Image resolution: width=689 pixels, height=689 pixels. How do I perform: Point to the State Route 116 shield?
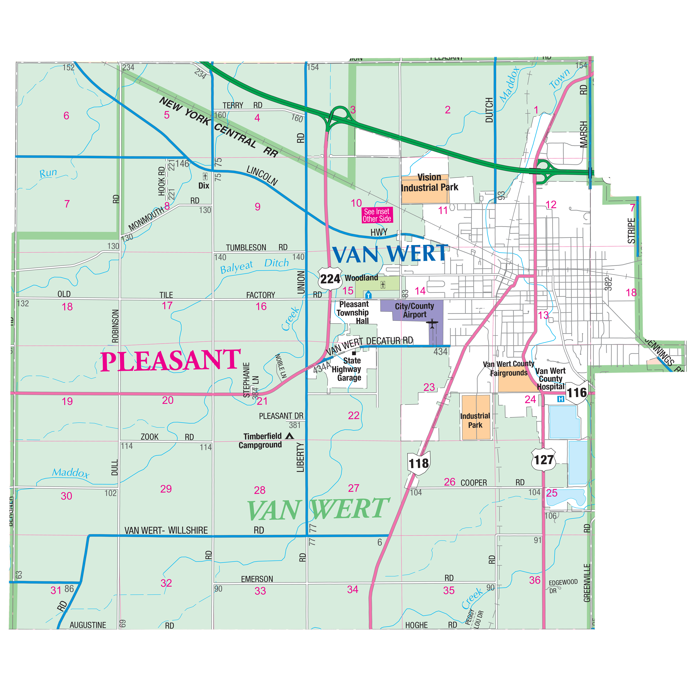(x=576, y=393)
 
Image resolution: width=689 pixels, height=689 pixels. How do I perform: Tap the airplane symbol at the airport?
(x=432, y=324)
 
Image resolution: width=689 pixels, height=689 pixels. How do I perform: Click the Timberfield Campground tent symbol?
(x=290, y=436)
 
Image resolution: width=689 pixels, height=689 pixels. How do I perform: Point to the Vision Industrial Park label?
(x=429, y=183)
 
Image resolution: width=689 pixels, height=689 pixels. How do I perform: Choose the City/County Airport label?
(x=414, y=310)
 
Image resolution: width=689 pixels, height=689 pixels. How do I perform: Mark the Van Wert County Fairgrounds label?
(x=508, y=368)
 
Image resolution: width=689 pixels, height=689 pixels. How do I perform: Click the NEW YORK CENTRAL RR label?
(x=218, y=127)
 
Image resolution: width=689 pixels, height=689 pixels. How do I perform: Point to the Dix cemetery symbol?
(x=205, y=176)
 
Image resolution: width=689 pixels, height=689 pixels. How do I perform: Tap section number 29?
(x=166, y=489)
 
